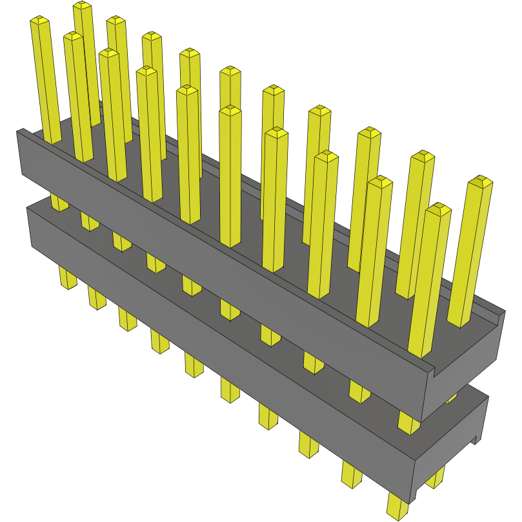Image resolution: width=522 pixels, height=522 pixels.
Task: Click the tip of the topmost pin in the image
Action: coord(82,6)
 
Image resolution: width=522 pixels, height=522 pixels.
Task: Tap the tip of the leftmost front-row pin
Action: coord(39,23)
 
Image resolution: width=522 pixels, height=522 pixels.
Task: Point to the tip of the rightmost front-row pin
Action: coord(439,209)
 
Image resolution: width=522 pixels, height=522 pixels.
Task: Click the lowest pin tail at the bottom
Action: coord(398,507)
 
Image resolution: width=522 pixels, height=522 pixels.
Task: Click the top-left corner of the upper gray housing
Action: coord(19,132)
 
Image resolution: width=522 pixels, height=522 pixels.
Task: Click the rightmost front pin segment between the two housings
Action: coord(408,423)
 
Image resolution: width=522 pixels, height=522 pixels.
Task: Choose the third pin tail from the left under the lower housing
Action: coord(126,319)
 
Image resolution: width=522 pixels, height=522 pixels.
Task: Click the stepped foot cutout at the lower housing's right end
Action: coord(477,439)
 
